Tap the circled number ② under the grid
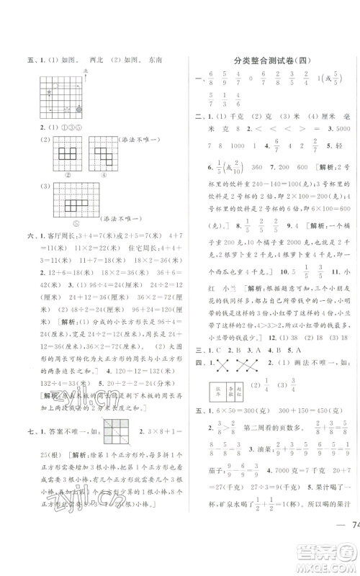(x=57, y=173)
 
